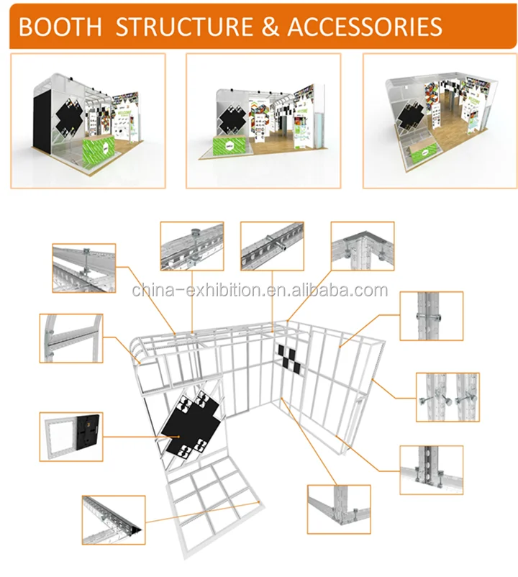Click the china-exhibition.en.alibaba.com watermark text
click(260, 291)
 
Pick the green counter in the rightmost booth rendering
click(422, 150)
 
